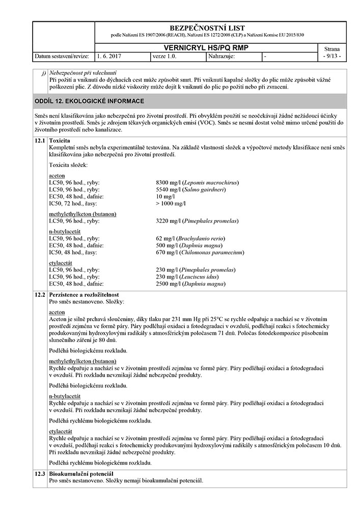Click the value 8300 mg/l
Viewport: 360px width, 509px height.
[168, 182]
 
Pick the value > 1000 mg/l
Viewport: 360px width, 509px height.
[171, 204]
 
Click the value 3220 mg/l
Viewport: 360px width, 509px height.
[168, 221]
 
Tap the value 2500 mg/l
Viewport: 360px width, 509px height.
[168, 284]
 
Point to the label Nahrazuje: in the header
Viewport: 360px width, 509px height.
[221, 56]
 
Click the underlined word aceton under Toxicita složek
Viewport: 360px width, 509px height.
[57, 175]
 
